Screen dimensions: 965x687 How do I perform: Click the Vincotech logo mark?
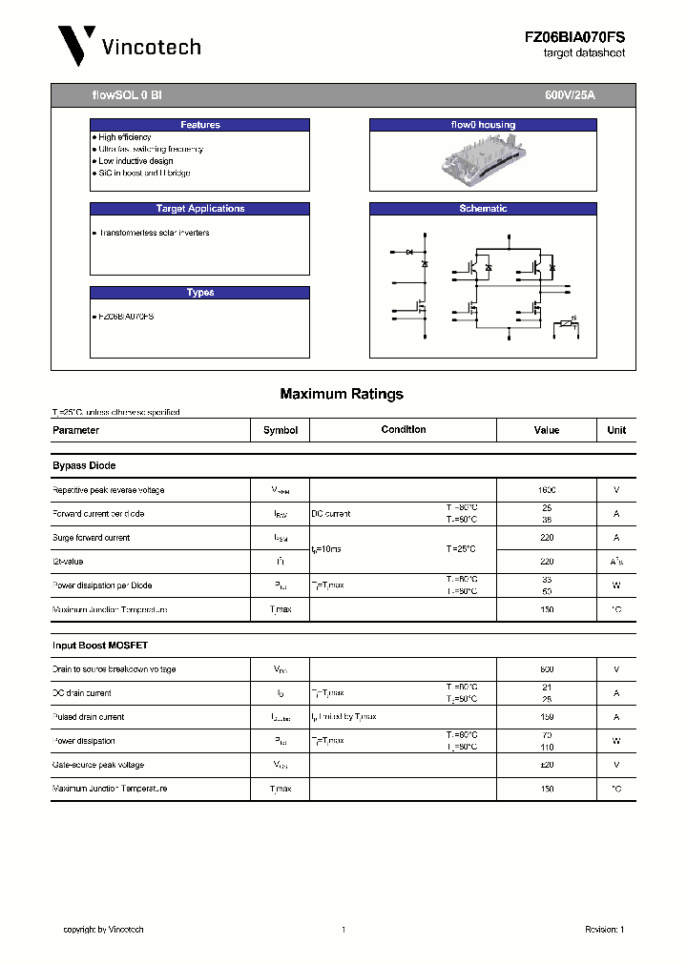[75, 46]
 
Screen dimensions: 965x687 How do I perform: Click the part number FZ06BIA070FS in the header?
[574, 36]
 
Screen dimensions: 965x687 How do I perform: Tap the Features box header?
[200, 125]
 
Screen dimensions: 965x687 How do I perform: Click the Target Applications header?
[200, 209]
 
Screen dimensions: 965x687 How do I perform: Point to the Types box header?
[200, 293]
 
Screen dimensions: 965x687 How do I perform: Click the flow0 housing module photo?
[483, 160]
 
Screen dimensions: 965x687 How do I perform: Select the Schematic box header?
[483, 209]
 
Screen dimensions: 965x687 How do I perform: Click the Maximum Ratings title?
[342, 394]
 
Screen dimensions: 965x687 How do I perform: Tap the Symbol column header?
[281, 430]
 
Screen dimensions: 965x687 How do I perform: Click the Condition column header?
[404, 430]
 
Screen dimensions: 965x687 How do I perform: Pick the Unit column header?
[616, 430]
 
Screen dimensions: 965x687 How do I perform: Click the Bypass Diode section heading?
[84, 465]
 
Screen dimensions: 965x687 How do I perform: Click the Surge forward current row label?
[92, 538]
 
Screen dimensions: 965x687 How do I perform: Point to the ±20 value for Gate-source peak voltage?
[547, 765]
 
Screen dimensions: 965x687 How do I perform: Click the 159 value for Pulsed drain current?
[547, 717]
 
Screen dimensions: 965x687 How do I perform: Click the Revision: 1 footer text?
[604, 930]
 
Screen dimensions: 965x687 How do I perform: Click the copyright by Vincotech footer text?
[103, 930]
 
